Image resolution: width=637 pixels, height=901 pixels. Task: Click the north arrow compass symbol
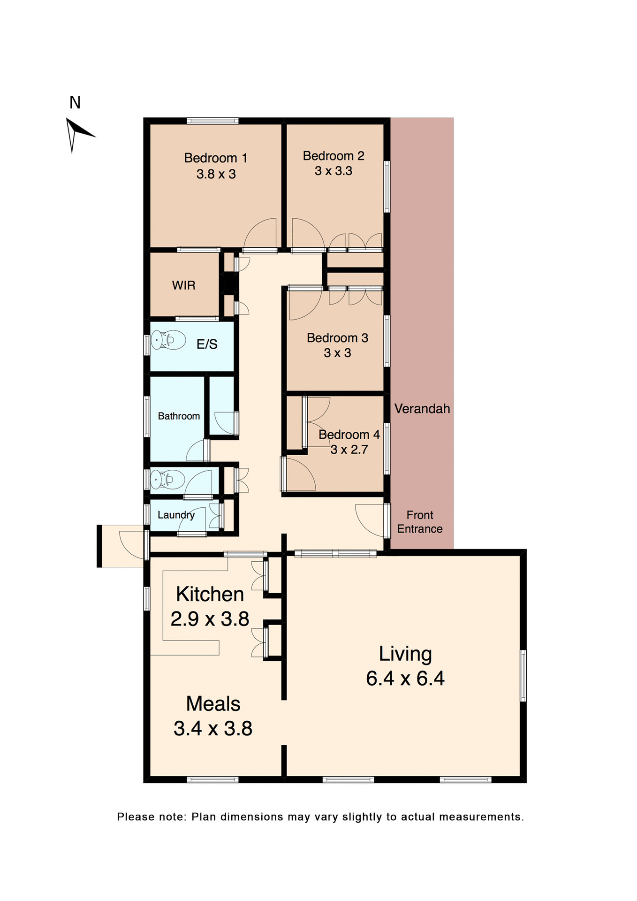pos(77,133)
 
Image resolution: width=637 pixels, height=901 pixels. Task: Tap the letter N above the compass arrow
pos(75,103)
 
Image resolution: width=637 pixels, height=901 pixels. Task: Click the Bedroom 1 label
pos(215,158)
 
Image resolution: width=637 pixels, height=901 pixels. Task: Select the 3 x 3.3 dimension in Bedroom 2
pos(334,171)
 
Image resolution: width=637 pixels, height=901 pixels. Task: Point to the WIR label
pos(183,285)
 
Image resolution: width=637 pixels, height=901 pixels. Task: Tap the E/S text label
pos(207,344)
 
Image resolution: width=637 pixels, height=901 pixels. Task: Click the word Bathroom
pos(179,416)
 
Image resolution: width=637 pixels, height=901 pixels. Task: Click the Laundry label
pos(176,515)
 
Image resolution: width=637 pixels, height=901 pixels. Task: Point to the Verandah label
pos(422,409)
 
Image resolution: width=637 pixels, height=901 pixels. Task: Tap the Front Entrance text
pos(420,522)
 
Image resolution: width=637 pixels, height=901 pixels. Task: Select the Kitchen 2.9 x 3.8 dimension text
pos(210,619)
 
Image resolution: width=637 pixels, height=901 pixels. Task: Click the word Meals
pos(213,704)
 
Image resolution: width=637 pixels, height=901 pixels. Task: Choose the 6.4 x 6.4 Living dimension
pos(405,679)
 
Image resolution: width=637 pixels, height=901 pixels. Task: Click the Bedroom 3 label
pos(337,338)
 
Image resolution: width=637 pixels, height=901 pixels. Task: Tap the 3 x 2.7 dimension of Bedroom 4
pos(349,450)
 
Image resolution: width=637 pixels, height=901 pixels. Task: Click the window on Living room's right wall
pos(523,675)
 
